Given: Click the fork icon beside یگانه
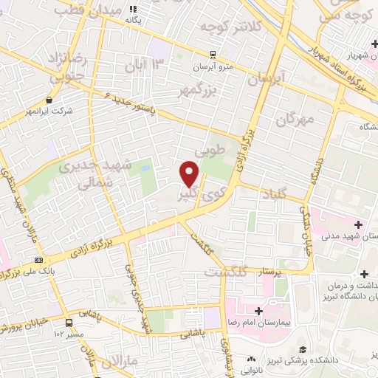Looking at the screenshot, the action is click(134, 9).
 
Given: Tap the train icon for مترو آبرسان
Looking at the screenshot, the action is click(213, 54).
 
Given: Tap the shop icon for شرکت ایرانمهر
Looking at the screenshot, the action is click(49, 100).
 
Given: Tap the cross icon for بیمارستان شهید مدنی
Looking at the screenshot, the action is click(360, 224).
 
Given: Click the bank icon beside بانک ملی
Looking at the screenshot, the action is click(38, 260).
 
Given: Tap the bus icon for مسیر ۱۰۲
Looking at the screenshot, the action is click(69, 323).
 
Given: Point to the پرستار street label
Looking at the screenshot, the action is click(268, 272).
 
